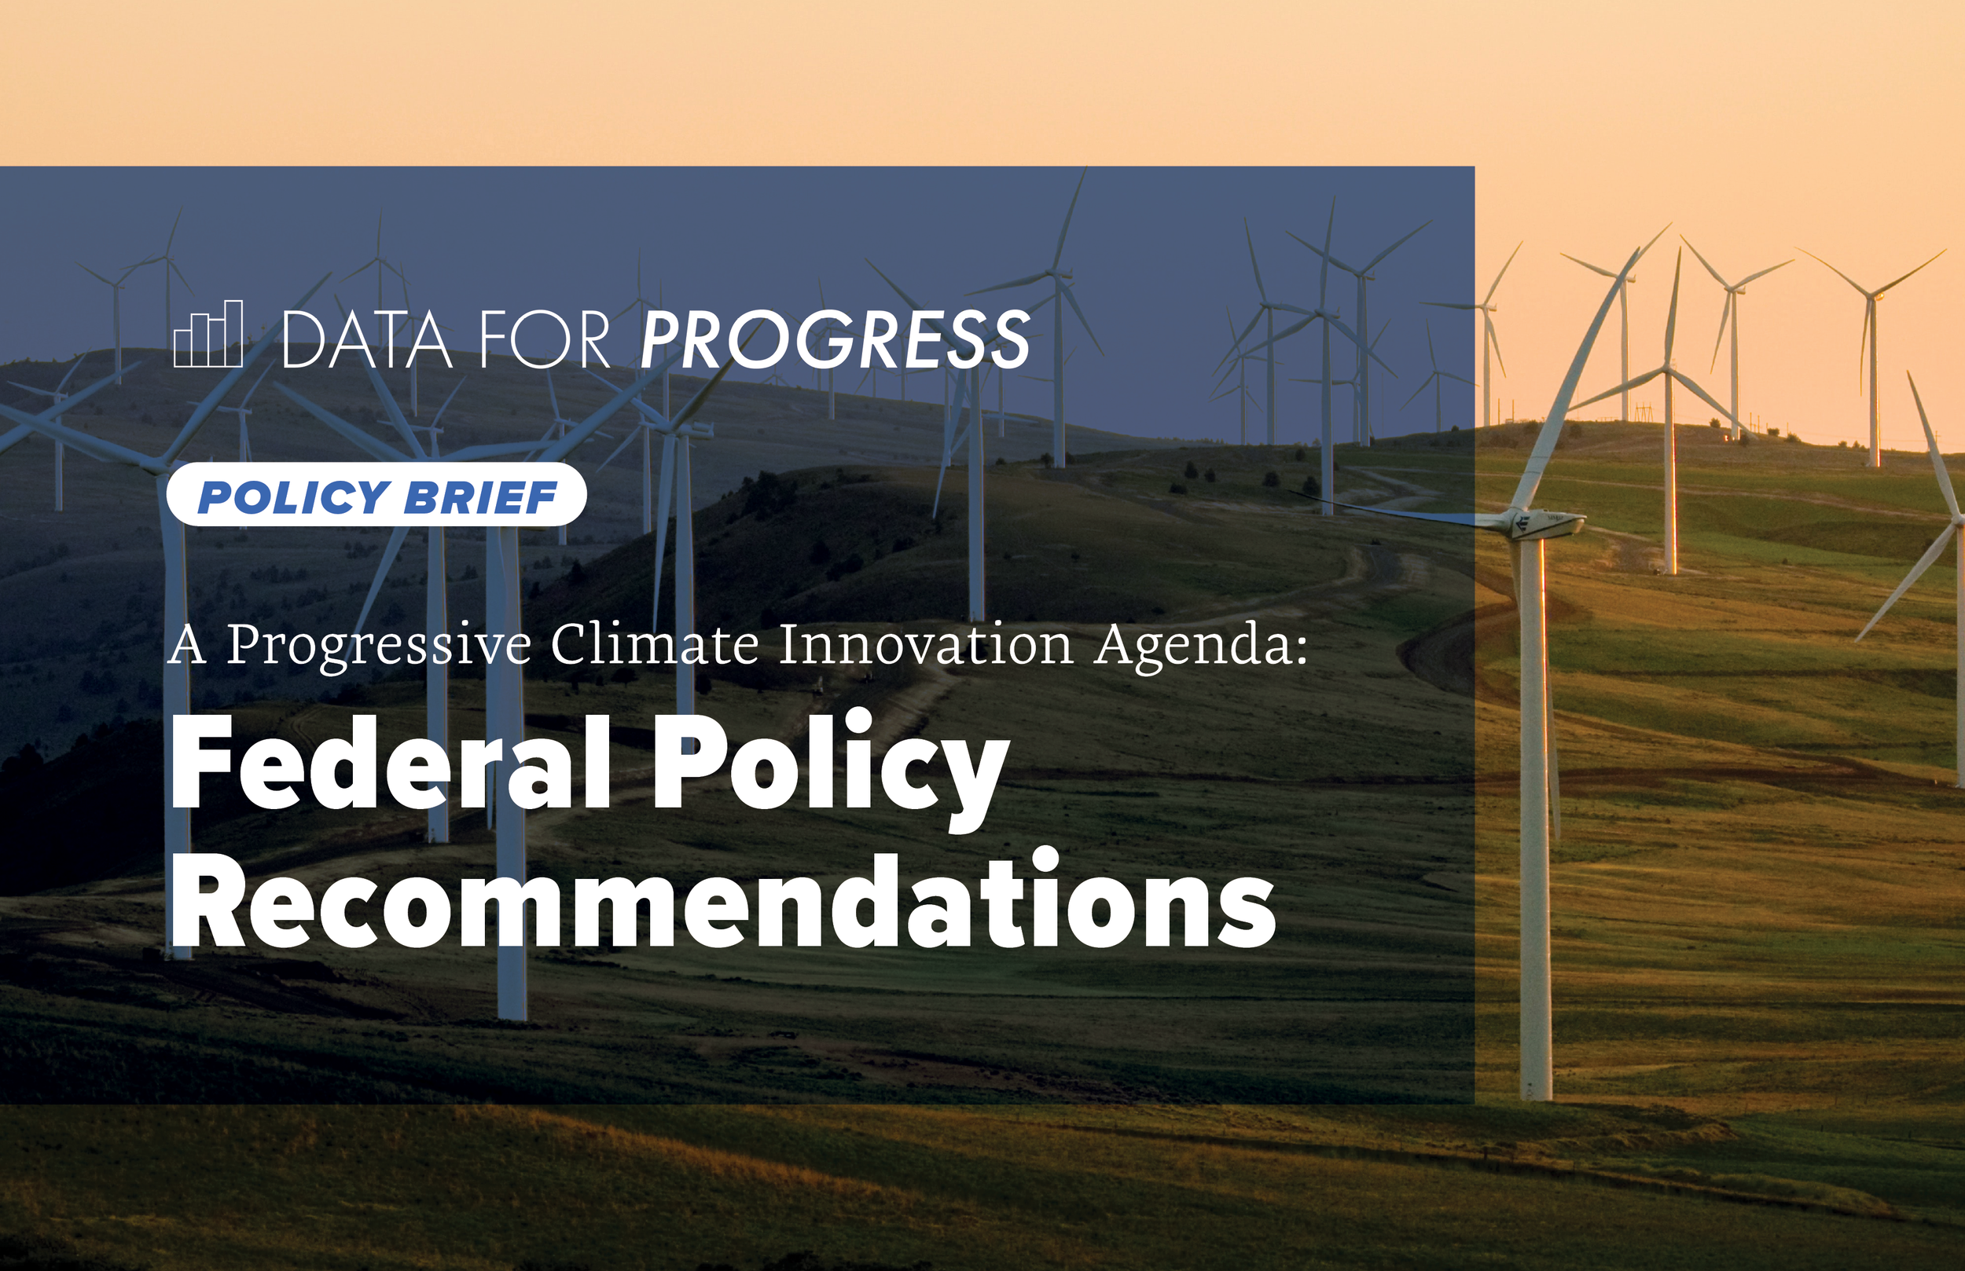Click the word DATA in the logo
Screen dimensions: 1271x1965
pos(366,339)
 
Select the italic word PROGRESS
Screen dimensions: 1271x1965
pos(835,339)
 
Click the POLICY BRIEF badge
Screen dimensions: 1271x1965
pos(376,496)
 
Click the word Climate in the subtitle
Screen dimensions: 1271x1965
pos(654,645)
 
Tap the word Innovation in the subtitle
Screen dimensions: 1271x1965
pos(926,645)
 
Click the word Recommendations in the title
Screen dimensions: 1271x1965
pos(722,899)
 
